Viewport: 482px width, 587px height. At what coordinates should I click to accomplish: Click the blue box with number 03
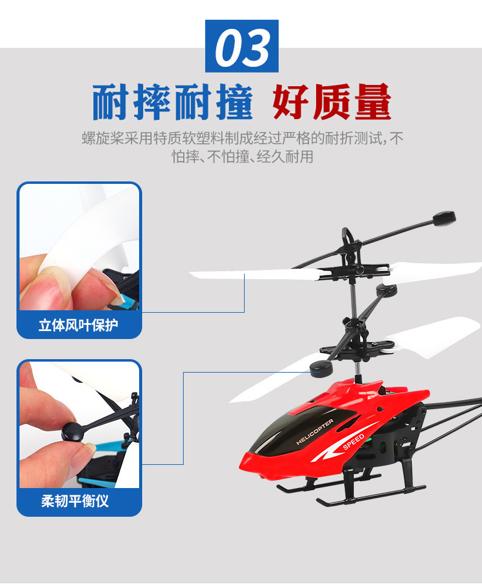tap(242, 46)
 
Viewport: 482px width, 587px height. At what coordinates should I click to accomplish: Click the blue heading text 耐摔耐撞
tap(173, 102)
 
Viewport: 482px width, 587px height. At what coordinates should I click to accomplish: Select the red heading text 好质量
tap(332, 102)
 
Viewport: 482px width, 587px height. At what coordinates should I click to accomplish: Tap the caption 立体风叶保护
tap(78, 325)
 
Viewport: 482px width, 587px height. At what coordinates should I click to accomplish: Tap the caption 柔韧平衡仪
tap(75, 501)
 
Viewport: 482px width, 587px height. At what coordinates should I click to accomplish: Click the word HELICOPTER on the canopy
tap(314, 432)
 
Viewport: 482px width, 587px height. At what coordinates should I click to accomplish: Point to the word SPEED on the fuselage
tap(353, 442)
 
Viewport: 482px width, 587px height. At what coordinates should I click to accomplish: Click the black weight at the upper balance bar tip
tap(444, 218)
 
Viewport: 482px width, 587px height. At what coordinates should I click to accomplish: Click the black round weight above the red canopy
tap(321, 369)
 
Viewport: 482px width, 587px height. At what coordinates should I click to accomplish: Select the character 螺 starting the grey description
tap(88, 139)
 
